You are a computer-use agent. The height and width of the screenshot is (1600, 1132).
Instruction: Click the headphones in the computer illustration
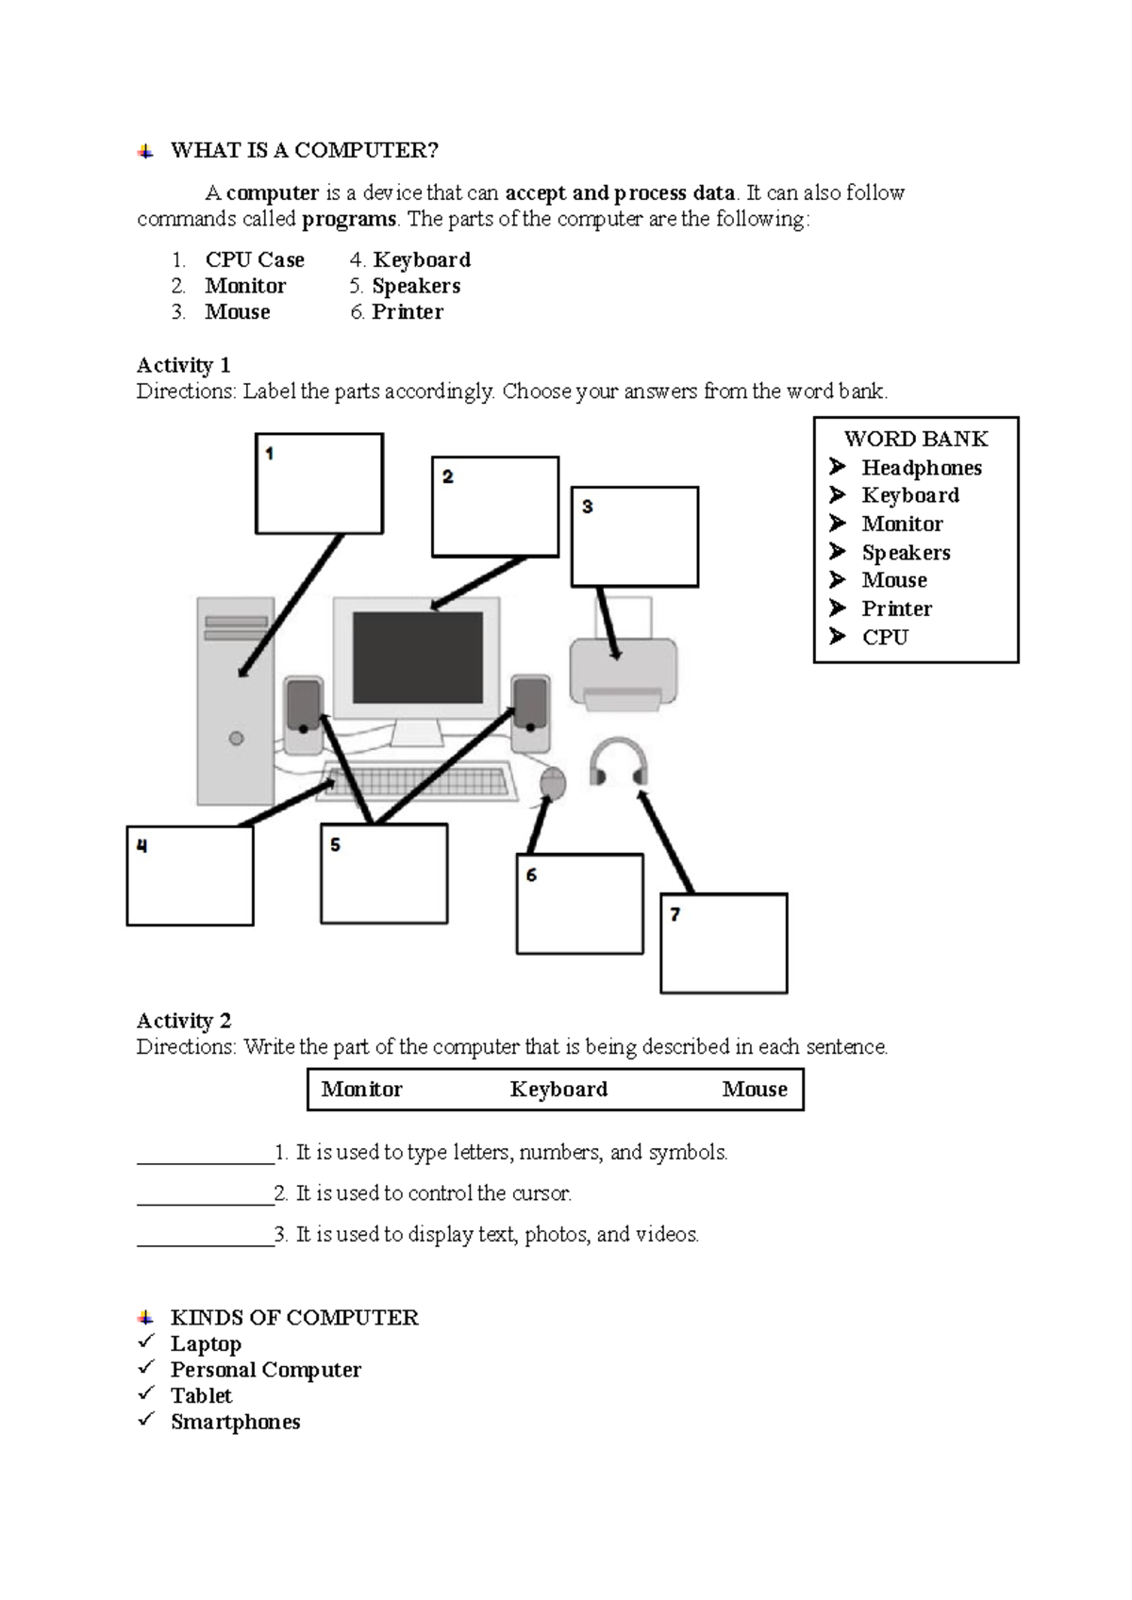click(619, 760)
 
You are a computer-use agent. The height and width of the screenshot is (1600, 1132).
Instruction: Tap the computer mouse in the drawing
click(553, 782)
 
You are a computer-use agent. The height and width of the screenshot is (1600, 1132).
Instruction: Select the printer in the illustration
click(623, 671)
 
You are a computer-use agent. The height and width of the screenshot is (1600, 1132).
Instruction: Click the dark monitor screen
click(417, 658)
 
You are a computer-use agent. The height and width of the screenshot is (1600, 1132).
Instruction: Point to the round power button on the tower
click(237, 739)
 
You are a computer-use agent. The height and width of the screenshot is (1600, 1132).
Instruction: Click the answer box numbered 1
click(319, 484)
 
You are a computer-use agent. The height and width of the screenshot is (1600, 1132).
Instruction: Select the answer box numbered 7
click(724, 943)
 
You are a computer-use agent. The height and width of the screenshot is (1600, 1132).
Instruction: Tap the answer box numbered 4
click(190, 875)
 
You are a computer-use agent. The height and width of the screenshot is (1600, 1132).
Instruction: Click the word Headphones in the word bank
click(921, 468)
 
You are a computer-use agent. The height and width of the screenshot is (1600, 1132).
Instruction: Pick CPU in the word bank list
click(884, 638)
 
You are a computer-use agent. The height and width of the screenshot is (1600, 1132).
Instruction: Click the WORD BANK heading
click(915, 439)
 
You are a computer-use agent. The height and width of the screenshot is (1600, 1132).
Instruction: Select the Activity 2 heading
click(184, 1021)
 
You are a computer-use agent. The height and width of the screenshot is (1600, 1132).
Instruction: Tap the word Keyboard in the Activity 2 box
click(558, 1090)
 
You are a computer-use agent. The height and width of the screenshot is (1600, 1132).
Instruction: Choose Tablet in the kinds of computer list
click(201, 1395)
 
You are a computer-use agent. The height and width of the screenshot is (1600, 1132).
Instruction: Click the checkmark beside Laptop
click(145, 1342)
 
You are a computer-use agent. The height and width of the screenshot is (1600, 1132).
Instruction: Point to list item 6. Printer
click(397, 312)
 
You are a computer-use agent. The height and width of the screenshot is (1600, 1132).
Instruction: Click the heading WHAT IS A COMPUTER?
click(304, 151)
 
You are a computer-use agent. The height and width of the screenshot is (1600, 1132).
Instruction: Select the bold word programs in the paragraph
click(349, 220)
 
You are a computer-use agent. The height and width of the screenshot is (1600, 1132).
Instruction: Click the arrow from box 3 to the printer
click(608, 623)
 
